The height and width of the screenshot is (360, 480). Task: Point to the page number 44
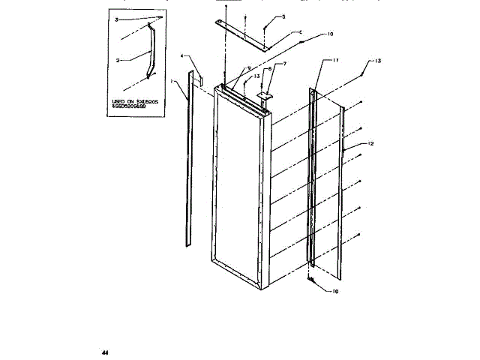[x=105, y=351]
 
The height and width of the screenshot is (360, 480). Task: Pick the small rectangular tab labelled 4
[x=201, y=78]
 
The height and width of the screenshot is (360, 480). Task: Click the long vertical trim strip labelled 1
[x=186, y=165]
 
